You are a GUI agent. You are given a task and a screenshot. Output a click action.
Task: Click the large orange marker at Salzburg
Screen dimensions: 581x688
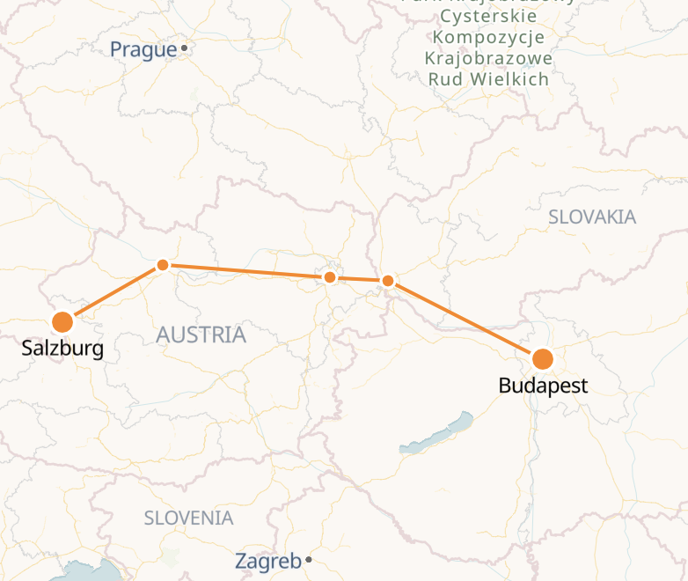pos(62,322)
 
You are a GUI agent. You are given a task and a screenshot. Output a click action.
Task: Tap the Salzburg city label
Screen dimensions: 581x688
pos(62,349)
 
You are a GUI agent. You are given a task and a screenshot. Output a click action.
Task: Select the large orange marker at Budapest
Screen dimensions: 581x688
pos(543,359)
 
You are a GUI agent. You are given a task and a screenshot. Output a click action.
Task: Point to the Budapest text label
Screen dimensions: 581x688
pos(543,386)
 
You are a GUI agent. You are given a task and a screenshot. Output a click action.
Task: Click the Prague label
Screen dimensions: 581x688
pos(143,50)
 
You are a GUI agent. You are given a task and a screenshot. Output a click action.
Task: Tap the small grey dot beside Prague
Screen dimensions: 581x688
pos(184,48)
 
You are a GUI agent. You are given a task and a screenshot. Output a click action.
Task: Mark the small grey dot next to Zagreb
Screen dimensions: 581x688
pos(309,560)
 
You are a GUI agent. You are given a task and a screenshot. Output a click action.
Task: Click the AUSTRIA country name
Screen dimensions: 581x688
pos(201,335)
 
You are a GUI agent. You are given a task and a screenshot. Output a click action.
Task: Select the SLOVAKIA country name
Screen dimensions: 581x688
pos(592,217)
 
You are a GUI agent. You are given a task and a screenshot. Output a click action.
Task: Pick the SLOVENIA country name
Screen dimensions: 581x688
pos(189,518)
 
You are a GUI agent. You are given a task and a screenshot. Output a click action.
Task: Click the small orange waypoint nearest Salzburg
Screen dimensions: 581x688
pos(162,265)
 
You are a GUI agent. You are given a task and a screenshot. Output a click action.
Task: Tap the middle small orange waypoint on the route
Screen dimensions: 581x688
pos(330,277)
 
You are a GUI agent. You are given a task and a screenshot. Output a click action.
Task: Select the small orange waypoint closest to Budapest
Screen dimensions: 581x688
pos(387,281)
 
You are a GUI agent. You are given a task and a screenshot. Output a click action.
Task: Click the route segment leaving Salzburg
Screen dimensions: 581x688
pos(112,293)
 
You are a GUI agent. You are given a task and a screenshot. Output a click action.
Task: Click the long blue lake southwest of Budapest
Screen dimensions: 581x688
pos(435,433)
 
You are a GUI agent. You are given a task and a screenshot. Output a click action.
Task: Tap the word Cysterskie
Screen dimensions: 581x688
pos(488,17)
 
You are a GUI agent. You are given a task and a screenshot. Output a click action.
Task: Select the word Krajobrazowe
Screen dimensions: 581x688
pos(488,59)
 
